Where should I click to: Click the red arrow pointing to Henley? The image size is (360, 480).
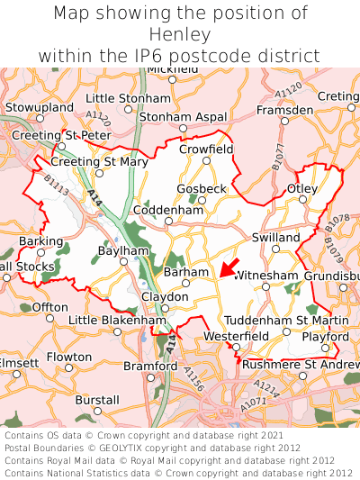pos(229,267)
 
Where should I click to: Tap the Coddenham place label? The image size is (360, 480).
pos(168,210)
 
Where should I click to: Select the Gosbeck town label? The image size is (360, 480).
pos(202,188)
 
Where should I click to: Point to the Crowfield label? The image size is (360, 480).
pos(206,149)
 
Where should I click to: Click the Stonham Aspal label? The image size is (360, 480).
pos(183,117)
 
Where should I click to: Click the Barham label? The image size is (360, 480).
pos(186,271)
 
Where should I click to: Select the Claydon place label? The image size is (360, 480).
pos(165,296)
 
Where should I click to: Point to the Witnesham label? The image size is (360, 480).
pos(265,274)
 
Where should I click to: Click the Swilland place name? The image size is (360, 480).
pos(275,237)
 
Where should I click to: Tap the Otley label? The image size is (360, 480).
pos(301,188)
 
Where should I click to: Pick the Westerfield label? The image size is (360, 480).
pos(236,336)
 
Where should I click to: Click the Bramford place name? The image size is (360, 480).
pos(150,366)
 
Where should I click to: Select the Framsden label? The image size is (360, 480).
pos(284,109)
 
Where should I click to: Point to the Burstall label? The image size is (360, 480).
pos(97,399)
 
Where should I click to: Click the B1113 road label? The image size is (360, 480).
pos(56,186)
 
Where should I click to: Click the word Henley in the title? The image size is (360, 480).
pos(180,35)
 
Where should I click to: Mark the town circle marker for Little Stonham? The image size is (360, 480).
pos(129,110)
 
